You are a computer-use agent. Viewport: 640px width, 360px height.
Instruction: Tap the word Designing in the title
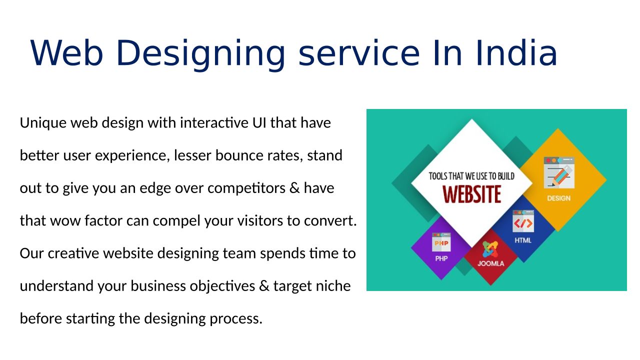[201, 55]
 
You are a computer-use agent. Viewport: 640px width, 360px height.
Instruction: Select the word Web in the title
[66, 53]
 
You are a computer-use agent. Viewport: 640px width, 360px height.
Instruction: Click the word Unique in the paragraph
[43, 123]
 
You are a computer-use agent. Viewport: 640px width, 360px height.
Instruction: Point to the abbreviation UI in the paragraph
[259, 122]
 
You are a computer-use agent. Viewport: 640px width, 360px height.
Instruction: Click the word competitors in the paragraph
[246, 188]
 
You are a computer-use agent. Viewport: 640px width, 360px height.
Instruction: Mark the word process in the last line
[236, 319]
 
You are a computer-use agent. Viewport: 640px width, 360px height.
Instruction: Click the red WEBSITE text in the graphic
[471, 194]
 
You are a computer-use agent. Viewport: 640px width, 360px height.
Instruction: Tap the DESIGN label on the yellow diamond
[558, 198]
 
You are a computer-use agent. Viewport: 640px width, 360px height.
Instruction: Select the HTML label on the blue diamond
[523, 240]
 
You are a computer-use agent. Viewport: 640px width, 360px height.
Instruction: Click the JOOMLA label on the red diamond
[491, 263]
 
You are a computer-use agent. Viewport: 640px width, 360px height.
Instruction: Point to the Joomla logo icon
[490, 249]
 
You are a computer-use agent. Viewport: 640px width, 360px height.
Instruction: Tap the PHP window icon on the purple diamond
[441, 242]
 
